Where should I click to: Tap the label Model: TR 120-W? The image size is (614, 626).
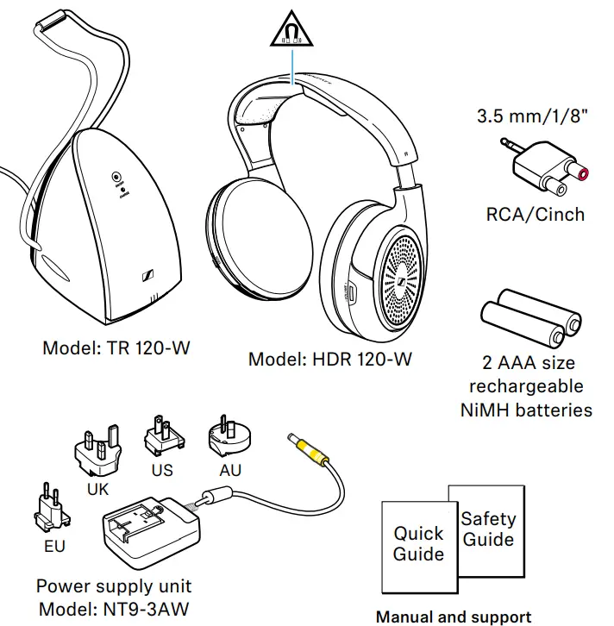(x=116, y=349)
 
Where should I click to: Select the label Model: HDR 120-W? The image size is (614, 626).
(x=330, y=359)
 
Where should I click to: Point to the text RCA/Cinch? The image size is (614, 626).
(x=536, y=214)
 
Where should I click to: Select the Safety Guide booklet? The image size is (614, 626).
(x=488, y=529)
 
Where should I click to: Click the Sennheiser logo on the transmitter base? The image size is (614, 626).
(x=147, y=277)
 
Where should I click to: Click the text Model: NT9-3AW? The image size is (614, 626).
(x=113, y=609)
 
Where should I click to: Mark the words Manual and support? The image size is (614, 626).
(x=453, y=617)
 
